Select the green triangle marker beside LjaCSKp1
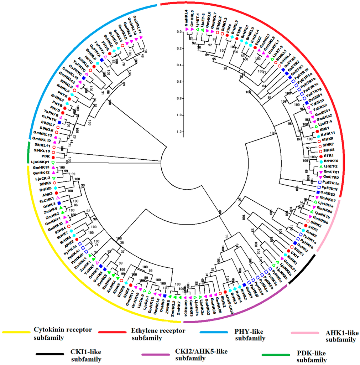(53, 163)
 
